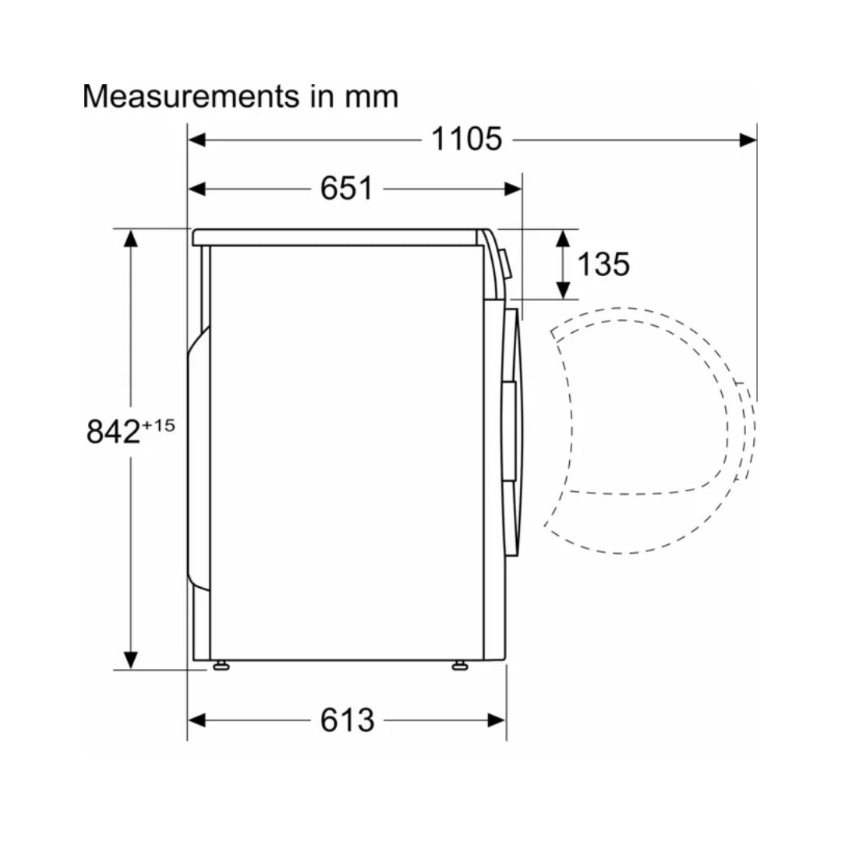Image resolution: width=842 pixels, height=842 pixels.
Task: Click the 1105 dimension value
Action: [x=467, y=139]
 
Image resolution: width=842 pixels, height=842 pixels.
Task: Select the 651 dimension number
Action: [x=346, y=189]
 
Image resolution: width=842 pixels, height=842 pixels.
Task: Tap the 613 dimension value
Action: [x=347, y=720]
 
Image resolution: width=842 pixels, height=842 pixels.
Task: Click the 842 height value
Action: [x=113, y=430]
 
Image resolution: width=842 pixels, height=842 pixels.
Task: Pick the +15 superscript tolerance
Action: [x=158, y=426]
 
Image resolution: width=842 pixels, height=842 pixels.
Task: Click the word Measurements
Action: [x=191, y=97]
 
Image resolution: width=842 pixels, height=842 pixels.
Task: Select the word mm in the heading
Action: [x=371, y=97]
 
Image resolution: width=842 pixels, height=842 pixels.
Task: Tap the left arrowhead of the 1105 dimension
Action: [x=196, y=140]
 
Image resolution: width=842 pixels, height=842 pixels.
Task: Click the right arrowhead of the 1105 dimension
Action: [x=748, y=140]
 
